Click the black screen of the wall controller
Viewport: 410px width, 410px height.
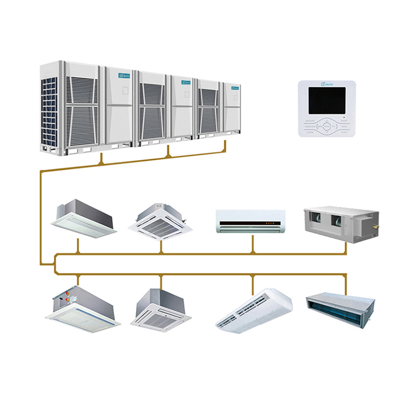pyautogui.click(x=327, y=100)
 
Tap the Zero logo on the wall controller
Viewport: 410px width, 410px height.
pyautogui.click(x=327, y=84)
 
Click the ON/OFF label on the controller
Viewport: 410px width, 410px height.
pyautogui.click(x=344, y=121)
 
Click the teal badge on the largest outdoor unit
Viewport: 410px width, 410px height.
pyautogui.click(x=124, y=75)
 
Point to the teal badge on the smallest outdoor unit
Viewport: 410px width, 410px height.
pyautogui.click(x=235, y=87)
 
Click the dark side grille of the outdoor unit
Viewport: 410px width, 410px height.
pyautogui.click(x=48, y=111)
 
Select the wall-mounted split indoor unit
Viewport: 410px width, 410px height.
pyautogui.click(x=251, y=221)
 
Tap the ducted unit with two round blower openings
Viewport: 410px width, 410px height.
pyautogui.click(x=340, y=223)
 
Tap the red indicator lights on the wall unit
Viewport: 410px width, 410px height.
pyautogui.click(x=269, y=223)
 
